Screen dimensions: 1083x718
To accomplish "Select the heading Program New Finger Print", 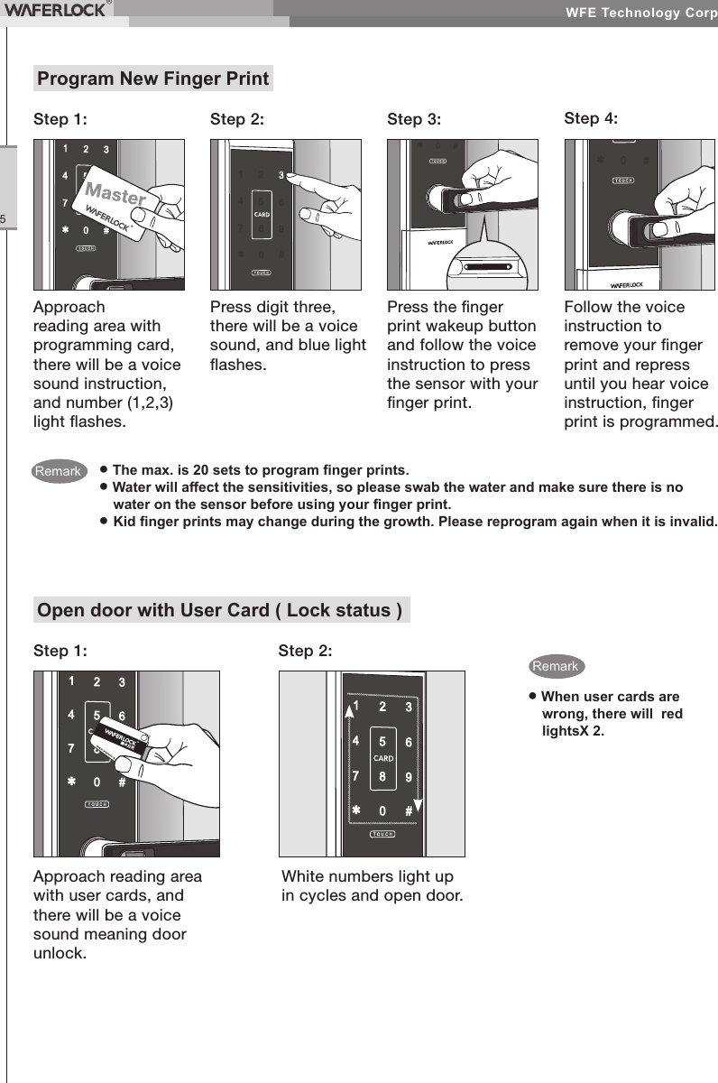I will tap(152, 79).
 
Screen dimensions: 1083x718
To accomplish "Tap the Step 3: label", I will tap(414, 119).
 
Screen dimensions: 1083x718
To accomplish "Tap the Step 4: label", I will tap(591, 118).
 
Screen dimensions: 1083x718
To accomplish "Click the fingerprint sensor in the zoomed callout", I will tap(488, 267).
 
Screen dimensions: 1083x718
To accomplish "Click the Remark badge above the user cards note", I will tap(556, 667).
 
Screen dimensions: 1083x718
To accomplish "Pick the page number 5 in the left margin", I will tap(5, 219).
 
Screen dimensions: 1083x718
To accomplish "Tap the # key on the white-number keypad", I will tap(410, 810).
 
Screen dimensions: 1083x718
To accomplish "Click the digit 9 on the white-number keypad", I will tap(409, 775).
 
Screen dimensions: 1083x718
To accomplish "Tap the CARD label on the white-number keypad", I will tap(383, 758).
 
